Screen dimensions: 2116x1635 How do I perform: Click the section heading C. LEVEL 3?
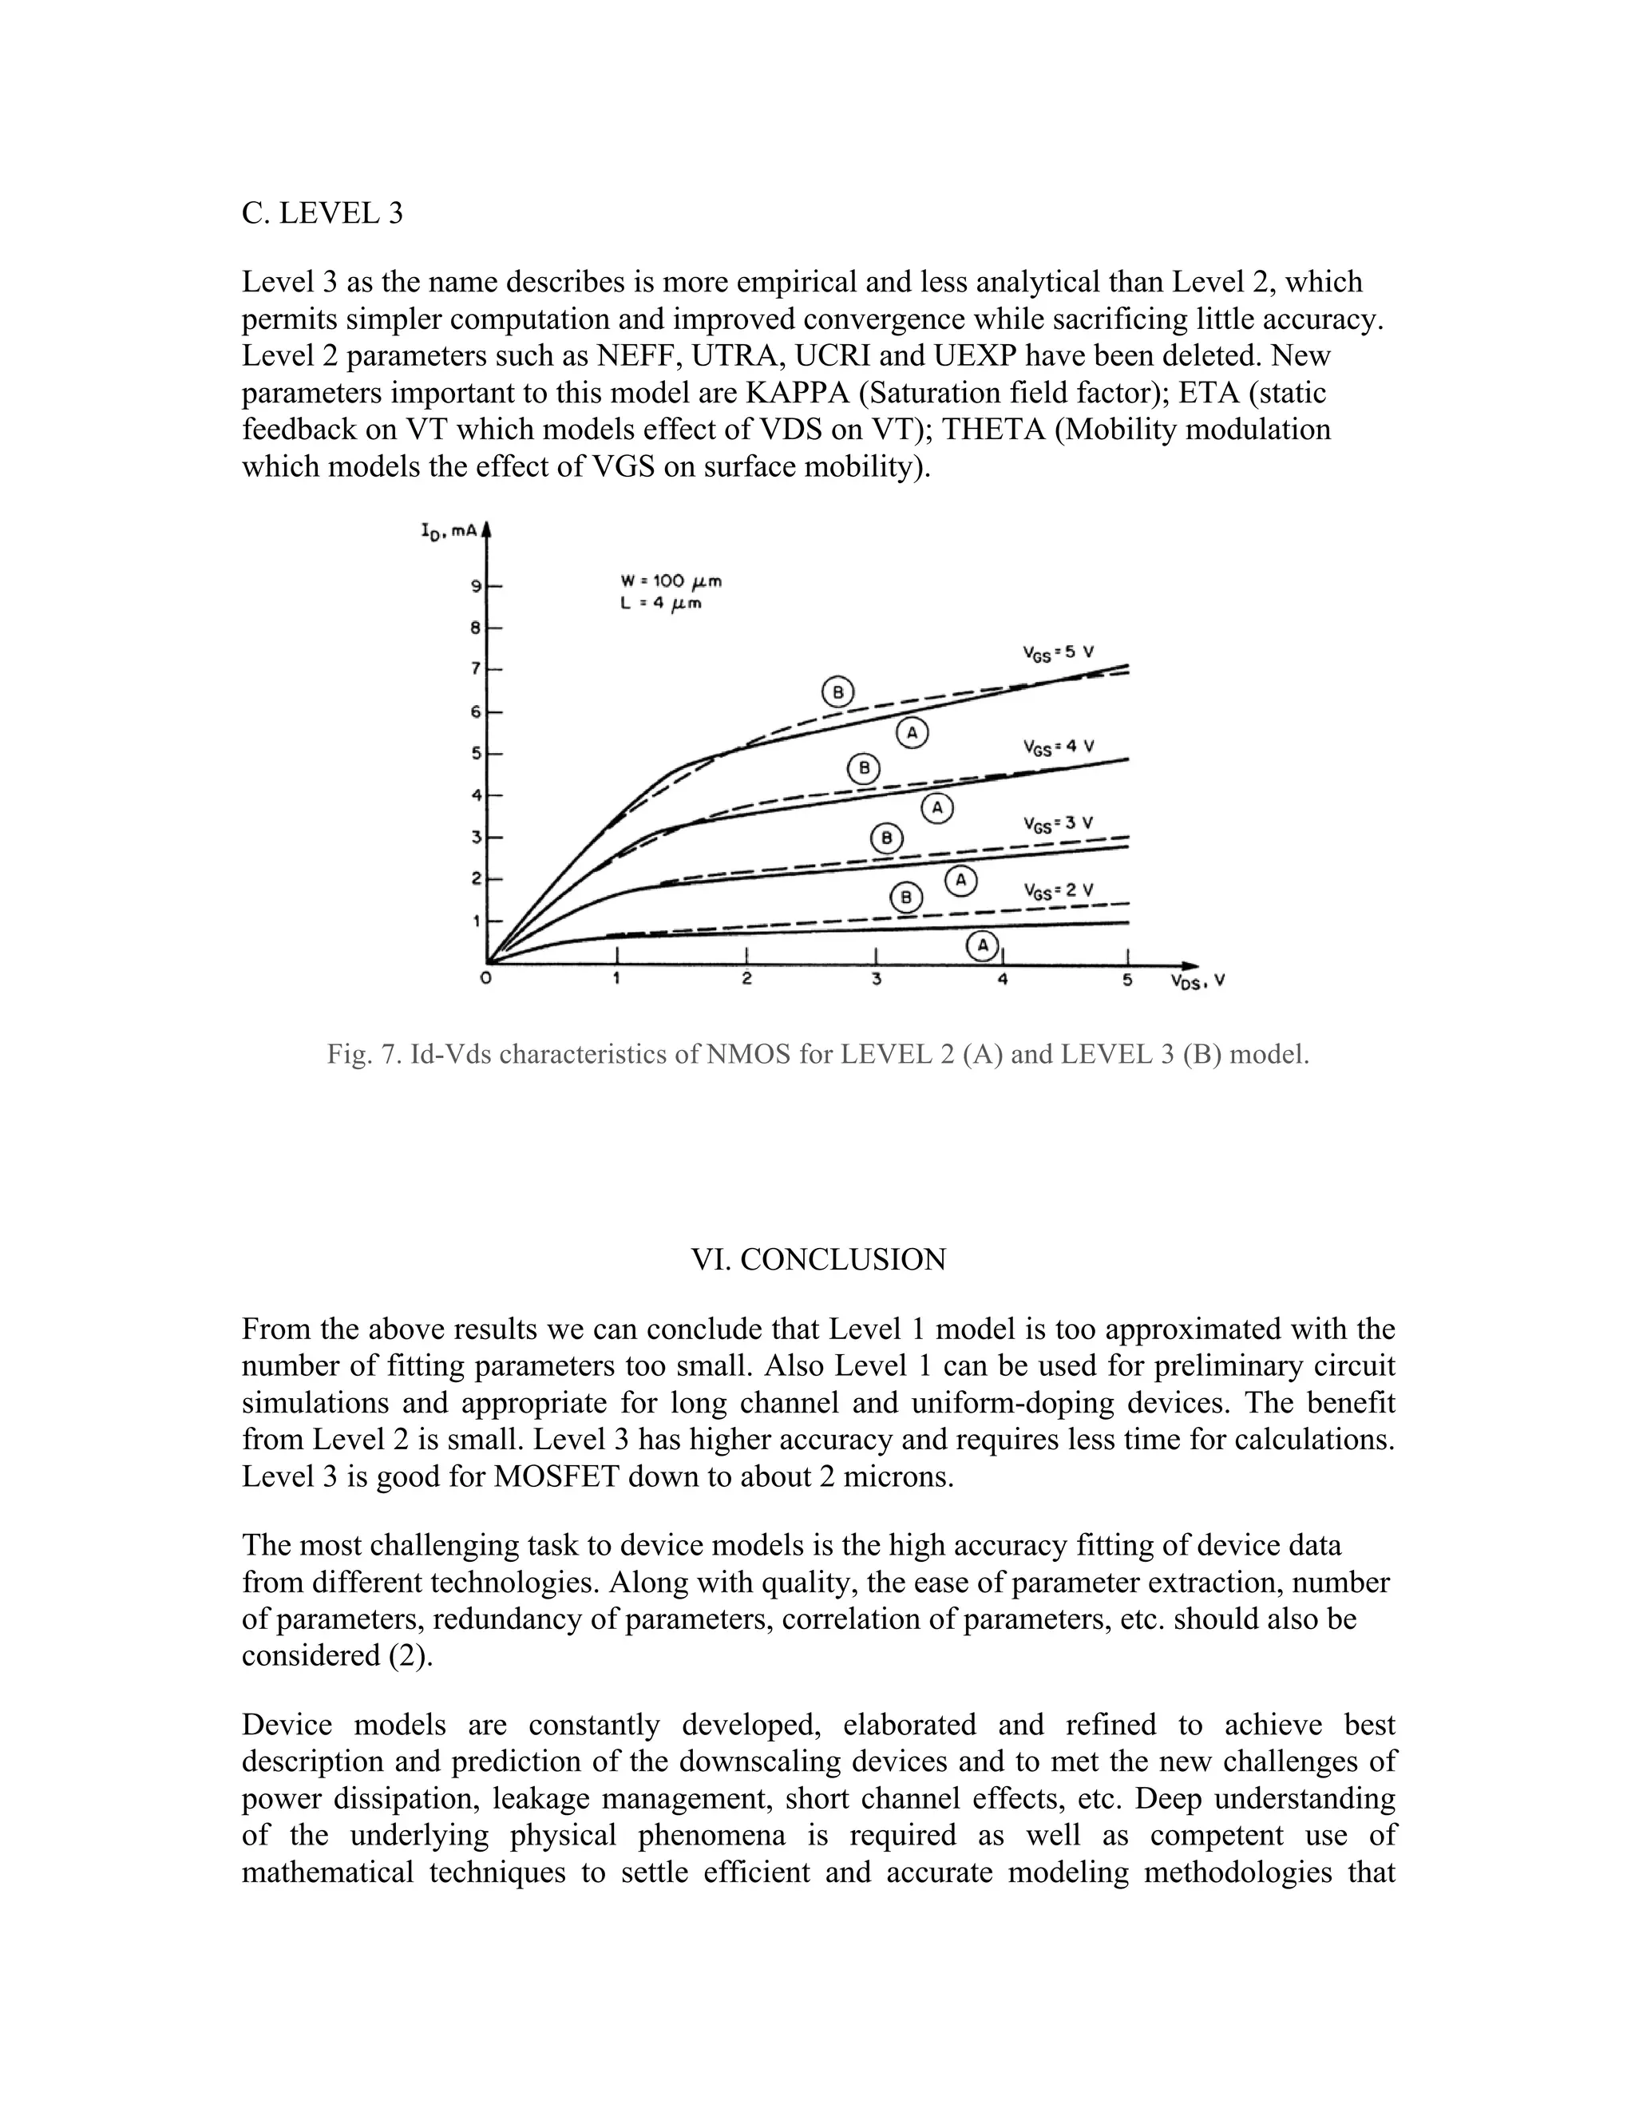point(322,213)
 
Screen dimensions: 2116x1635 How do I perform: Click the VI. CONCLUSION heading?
point(817,1259)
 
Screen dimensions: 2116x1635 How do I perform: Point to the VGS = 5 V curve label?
point(1058,653)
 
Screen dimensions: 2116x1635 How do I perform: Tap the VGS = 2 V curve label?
point(1058,890)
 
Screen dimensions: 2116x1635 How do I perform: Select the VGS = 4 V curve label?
point(1058,747)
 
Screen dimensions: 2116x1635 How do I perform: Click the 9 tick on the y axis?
point(477,586)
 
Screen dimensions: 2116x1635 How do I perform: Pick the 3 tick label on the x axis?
point(876,980)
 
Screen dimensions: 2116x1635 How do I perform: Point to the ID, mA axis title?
point(449,531)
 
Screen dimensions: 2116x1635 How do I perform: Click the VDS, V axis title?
point(1198,981)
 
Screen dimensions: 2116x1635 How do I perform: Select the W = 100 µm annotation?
point(671,581)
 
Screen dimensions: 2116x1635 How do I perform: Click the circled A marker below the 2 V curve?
point(983,945)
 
